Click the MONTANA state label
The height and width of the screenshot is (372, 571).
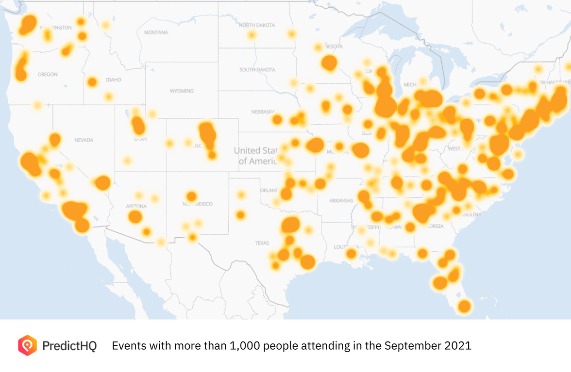click(x=156, y=32)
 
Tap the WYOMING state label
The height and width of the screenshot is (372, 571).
click(x=181, y=91)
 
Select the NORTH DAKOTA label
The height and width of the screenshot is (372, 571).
click(x=256, y=25)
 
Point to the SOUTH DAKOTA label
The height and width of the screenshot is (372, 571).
click(x=257, y=70)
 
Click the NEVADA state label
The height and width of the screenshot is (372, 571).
click(x=83, y=140)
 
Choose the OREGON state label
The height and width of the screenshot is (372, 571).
click(x=48, y=74)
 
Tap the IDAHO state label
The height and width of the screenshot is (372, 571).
click(x=113, y=80)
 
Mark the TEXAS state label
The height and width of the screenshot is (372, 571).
click(x=262, y=243)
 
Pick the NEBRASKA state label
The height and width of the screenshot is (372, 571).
click(x=263, y=112)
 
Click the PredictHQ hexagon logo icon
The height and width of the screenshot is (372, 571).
click(x=27, y=345)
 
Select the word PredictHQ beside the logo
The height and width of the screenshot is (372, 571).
click(x=69, y=346)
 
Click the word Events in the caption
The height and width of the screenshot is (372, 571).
click(x=127, y=346)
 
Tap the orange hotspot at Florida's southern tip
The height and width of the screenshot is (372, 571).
click(x=464, y=306)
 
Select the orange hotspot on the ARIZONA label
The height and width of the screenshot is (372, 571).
click(x=135, y=216)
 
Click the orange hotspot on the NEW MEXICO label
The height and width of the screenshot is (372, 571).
click(x=191, y=196)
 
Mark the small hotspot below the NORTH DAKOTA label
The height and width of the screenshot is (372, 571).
click(x=252, y=35)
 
